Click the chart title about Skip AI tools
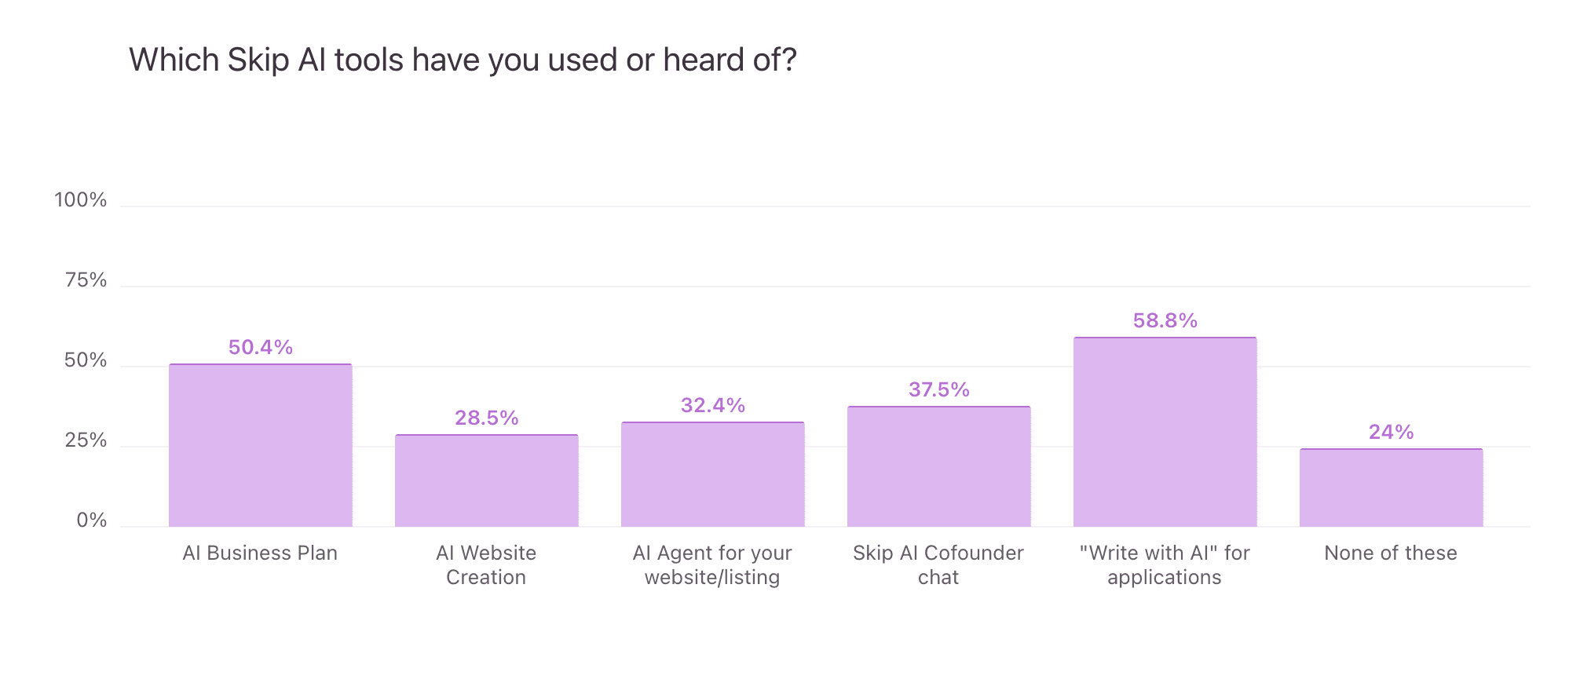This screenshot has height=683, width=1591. [x=463, y=60]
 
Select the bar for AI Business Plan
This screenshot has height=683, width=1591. [x=261, y=445]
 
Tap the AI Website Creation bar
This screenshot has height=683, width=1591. [x=486, y=480]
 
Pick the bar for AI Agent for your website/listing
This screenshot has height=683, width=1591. [x=712, y=474]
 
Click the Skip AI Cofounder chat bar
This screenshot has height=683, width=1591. [x=938, y=466]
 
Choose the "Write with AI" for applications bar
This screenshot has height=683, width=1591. [x=1165, y=432]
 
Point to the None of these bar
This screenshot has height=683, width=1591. [x=1391, y=488]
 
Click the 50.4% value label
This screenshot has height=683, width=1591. [x=261, y=347]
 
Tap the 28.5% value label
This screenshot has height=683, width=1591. [x=486, y=418]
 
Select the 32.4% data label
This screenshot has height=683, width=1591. [x=712, y=405]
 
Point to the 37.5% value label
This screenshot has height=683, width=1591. [x=938, y=389]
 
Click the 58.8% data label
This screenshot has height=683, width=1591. [x=1165, y=320]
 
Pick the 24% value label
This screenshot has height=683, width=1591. [x=1391, y=432]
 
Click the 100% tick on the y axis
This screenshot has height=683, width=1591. [x=80, y=200]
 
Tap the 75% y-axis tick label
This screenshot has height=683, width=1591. [x=86, y=280]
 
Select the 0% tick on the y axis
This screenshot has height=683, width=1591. [x=91, y=520]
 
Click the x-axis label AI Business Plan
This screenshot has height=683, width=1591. [x=260, y=553]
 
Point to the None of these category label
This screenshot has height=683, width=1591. [x=1390, y=553]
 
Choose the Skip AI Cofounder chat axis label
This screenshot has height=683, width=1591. [x=938, y=565]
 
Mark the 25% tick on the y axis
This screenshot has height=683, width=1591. [x=86, y=440]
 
